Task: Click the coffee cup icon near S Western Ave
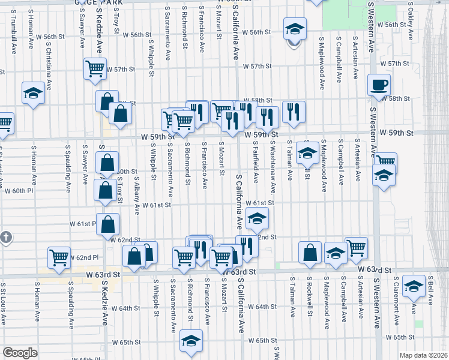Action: [x=379, y=86]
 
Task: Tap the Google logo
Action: [x=20, y=353]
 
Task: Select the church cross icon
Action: [x=5, y=238]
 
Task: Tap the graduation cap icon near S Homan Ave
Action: [x=33, y=93]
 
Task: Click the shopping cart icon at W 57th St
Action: [x=95, y=69]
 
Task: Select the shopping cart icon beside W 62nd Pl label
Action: [x=59, y=258]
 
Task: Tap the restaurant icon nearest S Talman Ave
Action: [x=294, y=112]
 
